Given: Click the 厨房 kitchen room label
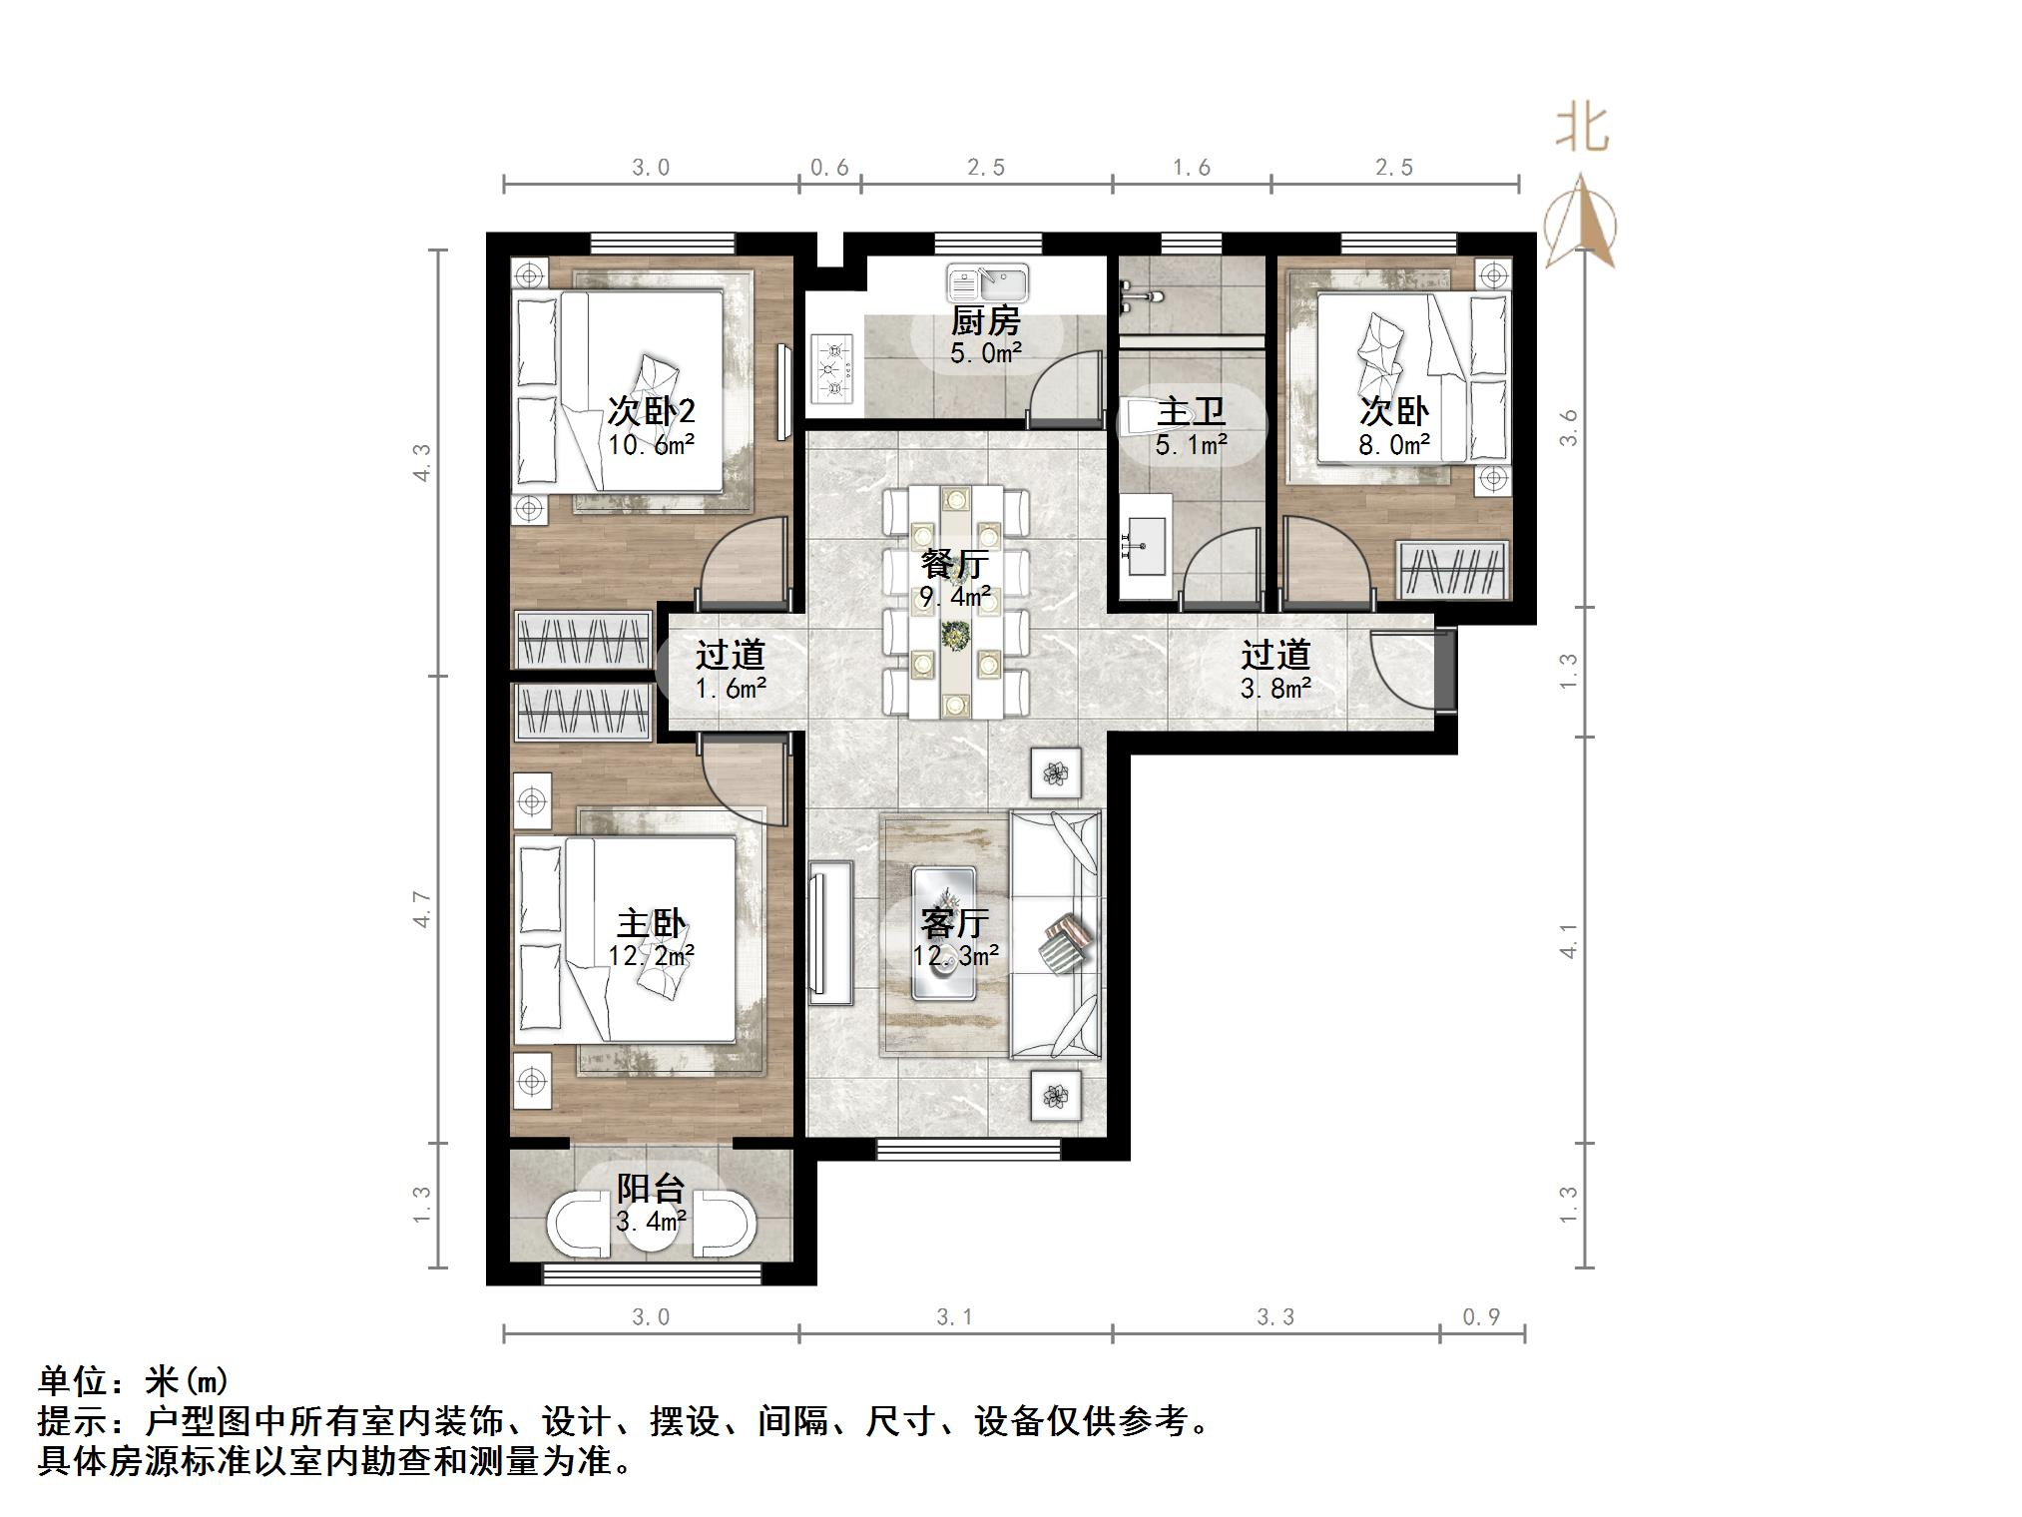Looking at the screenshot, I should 984,321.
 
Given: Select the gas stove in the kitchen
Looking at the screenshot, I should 832,369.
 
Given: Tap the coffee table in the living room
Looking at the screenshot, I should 943,932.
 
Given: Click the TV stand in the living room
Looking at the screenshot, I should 830,932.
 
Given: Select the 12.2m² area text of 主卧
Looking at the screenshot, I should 651,955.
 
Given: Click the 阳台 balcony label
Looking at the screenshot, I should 651,1188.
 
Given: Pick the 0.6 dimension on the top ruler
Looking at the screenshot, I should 829,168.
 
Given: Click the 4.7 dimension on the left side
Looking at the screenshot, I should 423,908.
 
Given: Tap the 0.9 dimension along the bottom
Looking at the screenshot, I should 1481,1317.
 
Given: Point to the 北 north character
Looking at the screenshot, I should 1582,129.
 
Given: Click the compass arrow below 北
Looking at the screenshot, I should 1580,223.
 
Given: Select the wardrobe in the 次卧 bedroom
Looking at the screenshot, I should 1452,570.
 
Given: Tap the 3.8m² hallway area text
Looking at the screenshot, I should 1274,688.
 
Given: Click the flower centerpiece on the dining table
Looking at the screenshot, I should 955,634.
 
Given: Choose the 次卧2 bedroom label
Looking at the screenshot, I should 651,411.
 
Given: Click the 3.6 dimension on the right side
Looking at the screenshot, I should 1569,427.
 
